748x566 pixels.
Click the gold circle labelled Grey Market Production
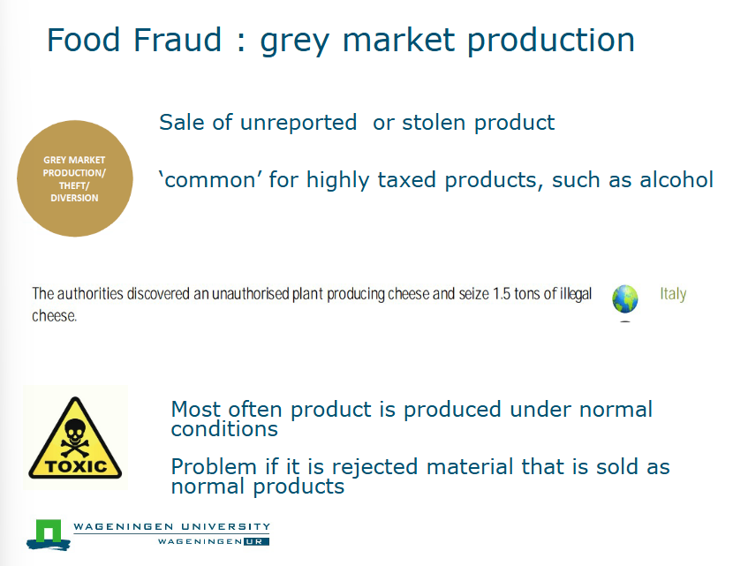click(x=74, y=179)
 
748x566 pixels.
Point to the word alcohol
click(x=669, y=180)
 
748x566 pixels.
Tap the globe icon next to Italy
click(x=625, y=299)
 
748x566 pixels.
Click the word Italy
click(x=673, y=294)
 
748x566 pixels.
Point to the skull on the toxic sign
click(x=74, y=433)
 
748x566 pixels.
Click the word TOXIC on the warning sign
click(x=75, y=466)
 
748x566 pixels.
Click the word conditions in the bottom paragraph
click(x=224, y=429)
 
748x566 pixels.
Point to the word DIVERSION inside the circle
click(x=74, y=198)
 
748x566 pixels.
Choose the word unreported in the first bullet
click(x=298, y=123)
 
